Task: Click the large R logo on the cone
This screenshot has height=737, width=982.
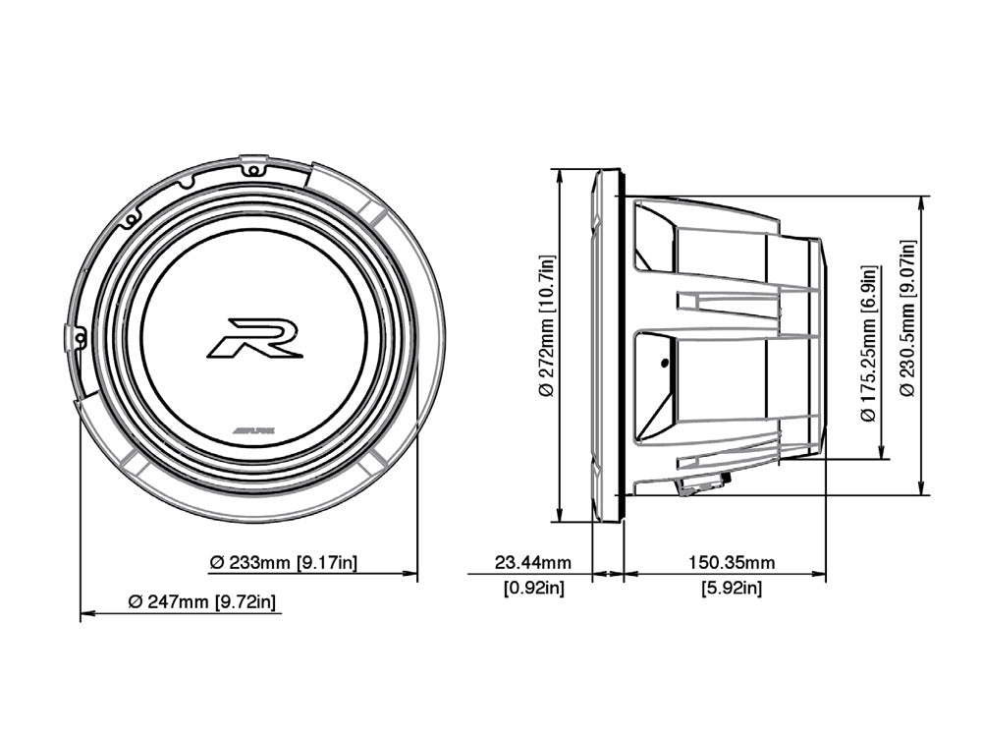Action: tap(254, 337)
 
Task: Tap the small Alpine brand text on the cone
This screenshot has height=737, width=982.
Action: tap(253, 430)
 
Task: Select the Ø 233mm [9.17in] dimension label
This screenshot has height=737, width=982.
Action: tap(284, 563)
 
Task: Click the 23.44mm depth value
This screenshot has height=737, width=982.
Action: tap(532, 563)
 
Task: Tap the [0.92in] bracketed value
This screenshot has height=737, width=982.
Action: tap(532, 589)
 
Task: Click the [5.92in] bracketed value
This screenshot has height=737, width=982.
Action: tap(731, 589)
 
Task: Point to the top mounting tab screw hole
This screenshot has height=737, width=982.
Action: tap(253, 170)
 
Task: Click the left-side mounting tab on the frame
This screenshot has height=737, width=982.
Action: tap(73, 337)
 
